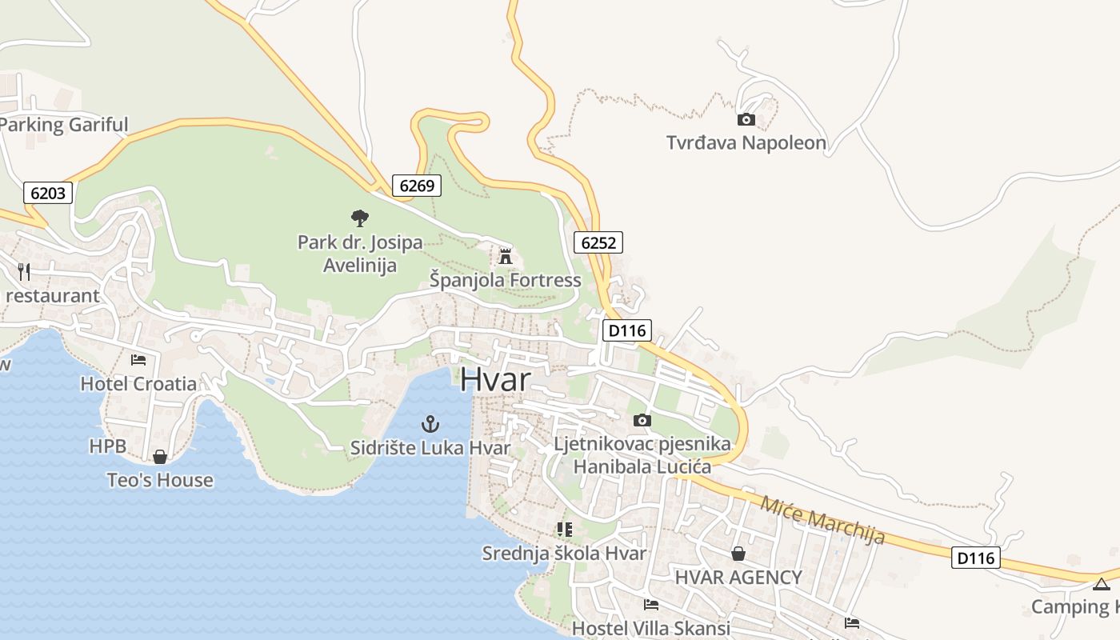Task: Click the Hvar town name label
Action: coord(494,379)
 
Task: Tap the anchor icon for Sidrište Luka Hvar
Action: coord(430,424)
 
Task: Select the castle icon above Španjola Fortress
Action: coord(505,257)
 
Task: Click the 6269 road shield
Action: coord(417,186)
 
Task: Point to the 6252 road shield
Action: coord(598,242)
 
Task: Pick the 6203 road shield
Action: coord(48,193)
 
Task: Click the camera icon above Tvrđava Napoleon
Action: coord(746,120)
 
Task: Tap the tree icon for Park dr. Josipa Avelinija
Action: coord(359,218)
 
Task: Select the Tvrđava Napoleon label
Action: coord(746,143)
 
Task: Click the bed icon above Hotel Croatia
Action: coord(138,360)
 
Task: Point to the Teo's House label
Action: coord(160,480)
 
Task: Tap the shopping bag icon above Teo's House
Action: coord(160,457)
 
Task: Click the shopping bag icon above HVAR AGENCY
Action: coord(738,554)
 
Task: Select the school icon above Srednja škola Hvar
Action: coord(564,530)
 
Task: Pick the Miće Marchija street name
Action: coord(822,521)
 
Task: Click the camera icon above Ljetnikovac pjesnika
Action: coord(642,421)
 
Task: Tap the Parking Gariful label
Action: coord(64,125)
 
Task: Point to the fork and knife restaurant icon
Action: coord(24,272)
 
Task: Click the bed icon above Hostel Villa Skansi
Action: coord(651,605)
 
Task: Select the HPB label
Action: coord(108,446)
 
